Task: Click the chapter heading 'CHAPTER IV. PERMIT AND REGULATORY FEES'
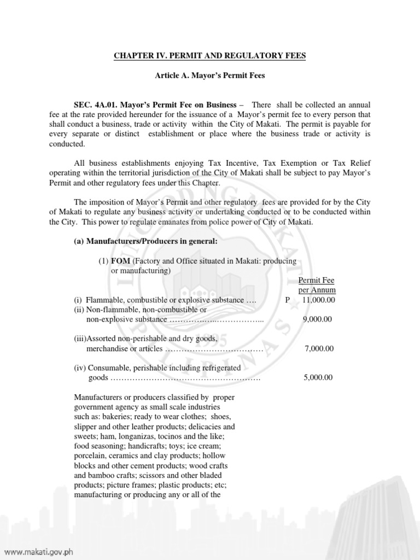(209, 56)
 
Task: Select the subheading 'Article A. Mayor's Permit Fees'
(210, 75)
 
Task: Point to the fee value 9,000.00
(318, 319)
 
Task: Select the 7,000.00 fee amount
(318, 348)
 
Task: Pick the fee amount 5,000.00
(318, 377)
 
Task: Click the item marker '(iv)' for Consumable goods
(81, 368)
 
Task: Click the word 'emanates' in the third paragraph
(188, 223)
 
